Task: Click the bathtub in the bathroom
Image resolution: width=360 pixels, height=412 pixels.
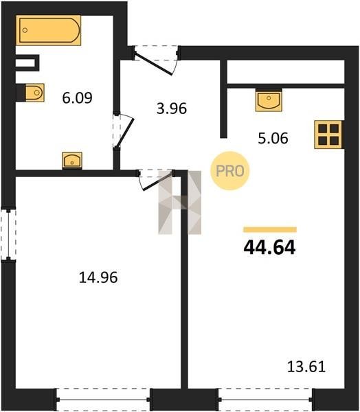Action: click(48, 30)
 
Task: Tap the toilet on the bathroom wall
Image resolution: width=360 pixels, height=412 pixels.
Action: click(34, 93)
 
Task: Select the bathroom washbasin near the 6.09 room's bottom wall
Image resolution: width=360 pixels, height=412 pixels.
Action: click(72, 160)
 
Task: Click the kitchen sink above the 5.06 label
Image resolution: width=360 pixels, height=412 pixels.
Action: click(269, 100)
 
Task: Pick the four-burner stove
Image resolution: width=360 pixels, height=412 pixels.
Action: click(328, 135)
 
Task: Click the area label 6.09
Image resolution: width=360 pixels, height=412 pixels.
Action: click(78, 98)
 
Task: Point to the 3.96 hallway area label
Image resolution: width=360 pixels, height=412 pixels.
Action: click(172, 108)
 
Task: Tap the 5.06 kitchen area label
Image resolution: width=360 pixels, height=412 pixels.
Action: click(273, 138)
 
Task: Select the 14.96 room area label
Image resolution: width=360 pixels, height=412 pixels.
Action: click(98, 277)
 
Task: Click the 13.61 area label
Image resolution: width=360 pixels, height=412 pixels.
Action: click(306, 367)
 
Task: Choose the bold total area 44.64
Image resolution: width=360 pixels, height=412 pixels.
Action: click(269, 248)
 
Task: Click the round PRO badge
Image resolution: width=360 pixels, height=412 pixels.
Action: click(230, 171)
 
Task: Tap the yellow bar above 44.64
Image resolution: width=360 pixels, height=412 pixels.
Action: click(270, 229)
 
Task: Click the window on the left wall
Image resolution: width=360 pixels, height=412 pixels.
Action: click(8, 235)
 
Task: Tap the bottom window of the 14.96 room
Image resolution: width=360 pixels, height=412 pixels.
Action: click(103, 400)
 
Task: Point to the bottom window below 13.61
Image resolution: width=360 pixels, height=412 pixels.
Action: click(266, 400)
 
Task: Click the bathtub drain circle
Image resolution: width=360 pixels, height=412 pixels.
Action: click(25, 30)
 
